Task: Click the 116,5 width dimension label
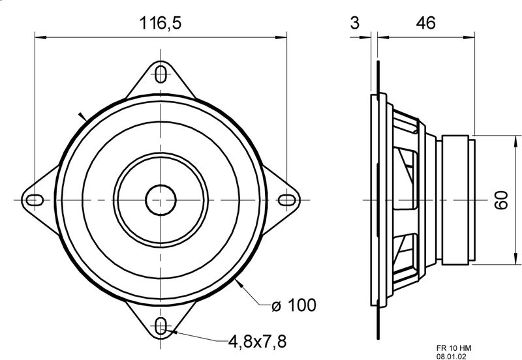pyautogui.click(x=161, y=23)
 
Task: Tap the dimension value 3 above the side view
pyautogui.click(x=355, y=23)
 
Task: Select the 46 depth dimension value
pyautogui.click(x=425, y=23)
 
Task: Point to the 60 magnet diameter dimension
pyautogui.click(x=501, y=200)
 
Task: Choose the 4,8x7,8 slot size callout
pyautogui.click(x=257, y=341)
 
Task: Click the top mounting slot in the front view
pyautogui.click(x=161, y=74)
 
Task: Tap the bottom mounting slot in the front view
pyautogui.click(x=161, y=325)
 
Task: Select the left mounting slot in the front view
pyautogui.click(x=35, y=200)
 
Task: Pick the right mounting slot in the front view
pyautogui.click(x=286, y=200)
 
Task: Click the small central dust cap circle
pyautogui.click(x=161, y=200)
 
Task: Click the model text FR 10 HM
pyautogui.click(x=453, y=348)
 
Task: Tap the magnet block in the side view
pyautogui.click(x=455, y=200)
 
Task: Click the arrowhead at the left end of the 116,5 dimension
pyautogui.click(x=40, y=37)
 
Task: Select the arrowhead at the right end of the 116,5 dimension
pyautogui.click(x=281, y=37)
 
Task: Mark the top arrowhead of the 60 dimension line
pyautogui.click(x=516, y=141)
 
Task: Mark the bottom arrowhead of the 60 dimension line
pyautogui.click(x=516, y=259)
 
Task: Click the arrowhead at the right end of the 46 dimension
pyautogui.click(x=469, y=37)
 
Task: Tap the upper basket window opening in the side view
pyautogui.click(x=405, y=179)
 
